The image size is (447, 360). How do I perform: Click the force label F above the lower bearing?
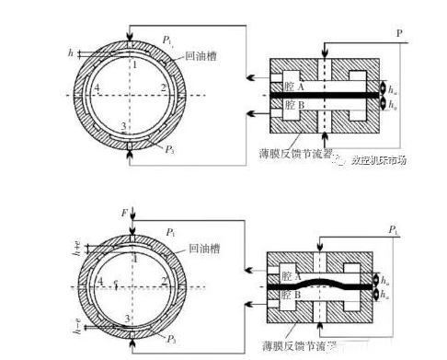tap(124, 214)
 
